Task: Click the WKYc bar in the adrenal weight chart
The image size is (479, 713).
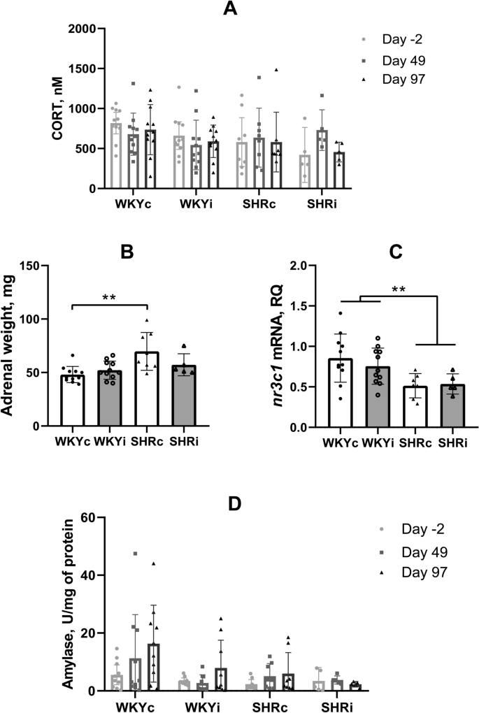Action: (72, 400)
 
